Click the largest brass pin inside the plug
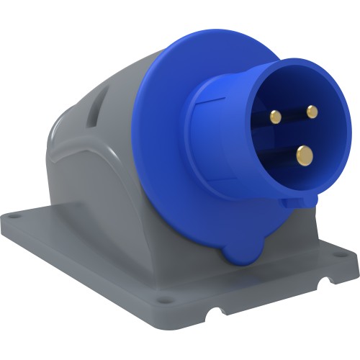click(x=305, y=154)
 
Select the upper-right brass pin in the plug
click(x=312, y=112)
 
